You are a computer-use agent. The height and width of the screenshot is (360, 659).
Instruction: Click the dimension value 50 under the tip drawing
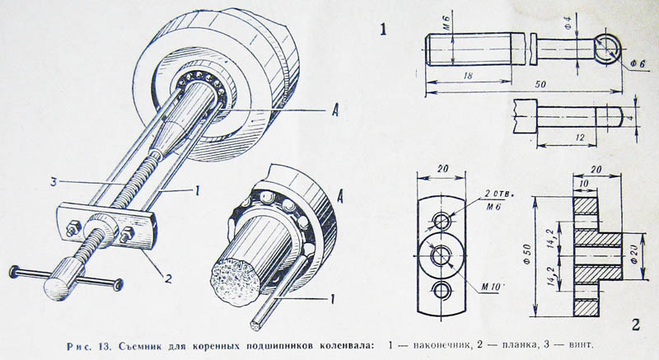pyautogui.click(x=540, y=84)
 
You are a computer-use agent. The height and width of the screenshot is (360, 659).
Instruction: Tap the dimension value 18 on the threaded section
pyautogui.click(x=468, y=76)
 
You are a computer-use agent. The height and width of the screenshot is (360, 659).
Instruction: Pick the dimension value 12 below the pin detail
pyautogui.click(x=579, y=138)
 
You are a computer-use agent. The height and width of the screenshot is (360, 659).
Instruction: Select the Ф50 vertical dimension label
pyautogui.click(x=527, y=254)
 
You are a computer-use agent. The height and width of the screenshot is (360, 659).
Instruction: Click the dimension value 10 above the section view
pyautogui.click(x=584, y=184)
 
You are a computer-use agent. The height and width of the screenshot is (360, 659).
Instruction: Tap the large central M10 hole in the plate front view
pyautogui.click(x=442, y=255)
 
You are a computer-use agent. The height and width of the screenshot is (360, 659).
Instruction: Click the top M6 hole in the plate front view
pyautogui.click(x=442, y=220)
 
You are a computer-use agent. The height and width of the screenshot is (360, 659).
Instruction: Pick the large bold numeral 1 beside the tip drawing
pyautogui.click(x=383, y=30)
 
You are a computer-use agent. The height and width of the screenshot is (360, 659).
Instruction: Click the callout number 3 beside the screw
pyautogui.click(x=54, y=182)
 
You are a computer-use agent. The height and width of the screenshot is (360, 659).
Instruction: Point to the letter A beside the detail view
pyautogui.click(x=340, y=195)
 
